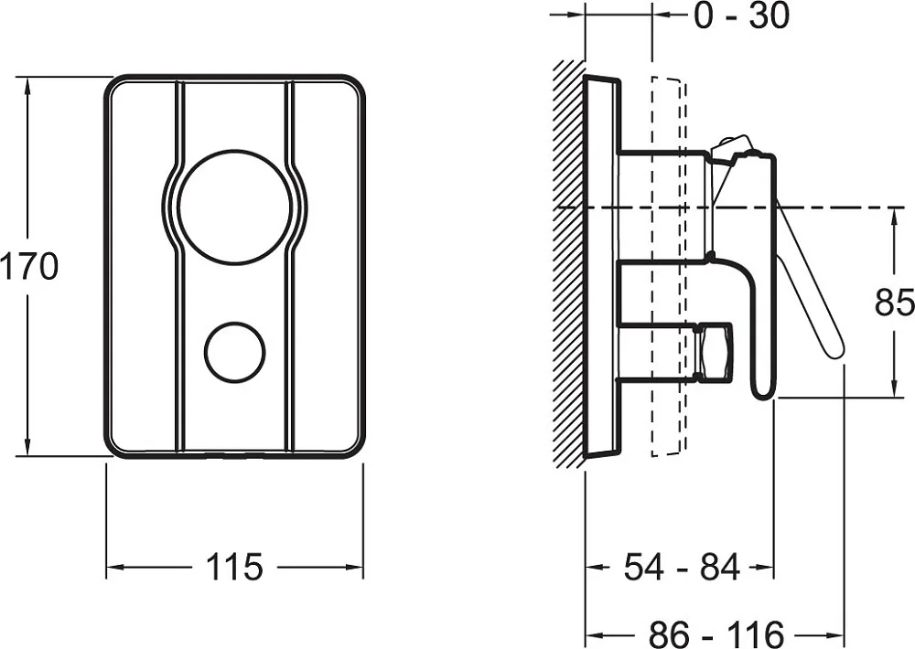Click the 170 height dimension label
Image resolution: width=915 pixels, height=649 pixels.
[x=29, y=267]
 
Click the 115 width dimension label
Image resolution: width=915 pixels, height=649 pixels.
[x=234, y=566]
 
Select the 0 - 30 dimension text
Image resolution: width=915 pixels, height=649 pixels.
[x=741, y=16]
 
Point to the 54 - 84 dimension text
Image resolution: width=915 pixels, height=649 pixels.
[x=682, y=566]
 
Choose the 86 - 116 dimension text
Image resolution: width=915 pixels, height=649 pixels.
[x=716, y=633]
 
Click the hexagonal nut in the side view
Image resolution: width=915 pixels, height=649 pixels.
[x=715, y=352]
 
